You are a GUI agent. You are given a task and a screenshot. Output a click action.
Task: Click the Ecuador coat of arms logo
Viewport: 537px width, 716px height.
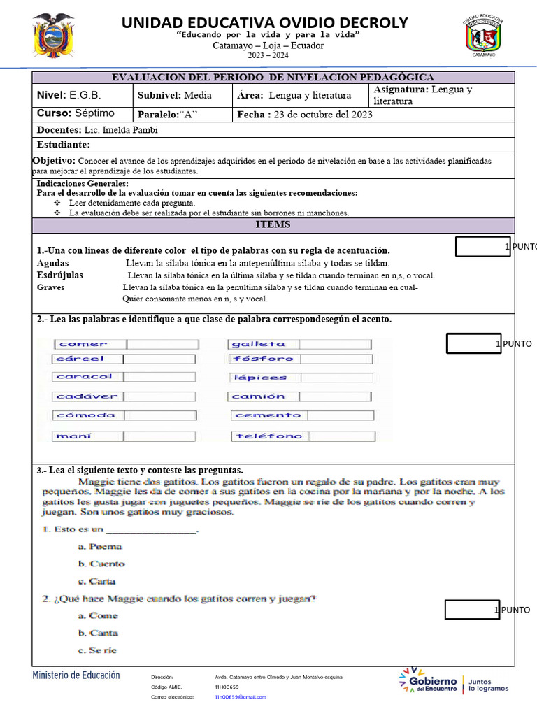click(x=53, y=35)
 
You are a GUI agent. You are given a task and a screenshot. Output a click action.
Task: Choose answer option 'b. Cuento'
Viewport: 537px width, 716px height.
click(x=101, y=564)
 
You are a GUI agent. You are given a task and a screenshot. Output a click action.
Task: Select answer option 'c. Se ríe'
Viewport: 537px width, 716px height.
click(x=97, y=650)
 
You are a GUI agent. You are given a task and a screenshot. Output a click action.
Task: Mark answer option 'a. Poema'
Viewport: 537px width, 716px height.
click(x=99, y=546)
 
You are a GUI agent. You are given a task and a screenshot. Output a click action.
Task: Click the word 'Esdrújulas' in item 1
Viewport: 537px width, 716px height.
click(x=59, y=275)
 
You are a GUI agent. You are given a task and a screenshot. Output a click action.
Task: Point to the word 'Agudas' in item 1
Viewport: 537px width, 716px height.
click(x=52, y=264)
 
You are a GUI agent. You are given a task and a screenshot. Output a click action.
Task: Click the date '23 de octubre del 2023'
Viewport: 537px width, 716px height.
click(x=323, y=115)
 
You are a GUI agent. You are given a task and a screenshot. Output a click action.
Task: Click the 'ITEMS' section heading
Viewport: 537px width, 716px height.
click(x=273, y=224)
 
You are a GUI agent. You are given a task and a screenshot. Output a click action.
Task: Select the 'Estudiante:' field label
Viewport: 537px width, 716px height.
click(x=64, y=145)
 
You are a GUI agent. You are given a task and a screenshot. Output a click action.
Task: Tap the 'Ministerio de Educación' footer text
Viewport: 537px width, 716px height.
click(x=76, y=675)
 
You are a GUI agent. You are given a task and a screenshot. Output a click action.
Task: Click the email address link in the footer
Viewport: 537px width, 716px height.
click(x=240, y=697)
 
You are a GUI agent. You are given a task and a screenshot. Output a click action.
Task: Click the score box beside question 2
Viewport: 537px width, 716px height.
click(x=473, y=343)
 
